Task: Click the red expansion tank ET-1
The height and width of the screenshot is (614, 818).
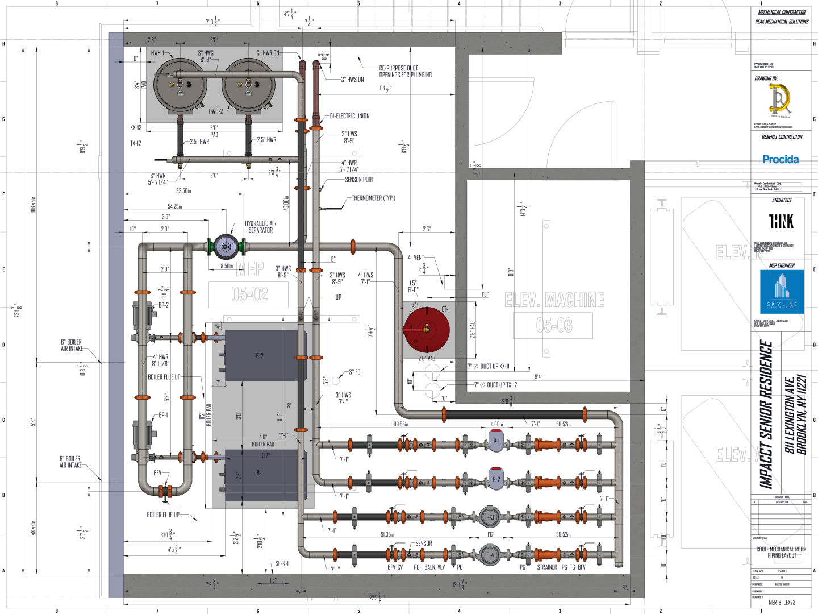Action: tap(427, 330)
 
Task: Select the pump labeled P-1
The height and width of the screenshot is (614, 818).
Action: tap(496, 441)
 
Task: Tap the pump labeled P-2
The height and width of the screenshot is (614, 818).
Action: tap(496, 479)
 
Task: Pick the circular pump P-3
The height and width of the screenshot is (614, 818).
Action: tap(490, 517)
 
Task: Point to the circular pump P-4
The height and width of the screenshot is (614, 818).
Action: tap(490, 554)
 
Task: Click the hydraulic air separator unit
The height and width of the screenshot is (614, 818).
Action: tap(226, 247)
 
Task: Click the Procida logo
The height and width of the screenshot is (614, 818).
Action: tap(781, 160)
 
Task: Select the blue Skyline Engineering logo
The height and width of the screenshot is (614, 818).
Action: tap(782, 292)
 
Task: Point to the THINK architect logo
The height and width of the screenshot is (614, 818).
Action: tap(781, 221)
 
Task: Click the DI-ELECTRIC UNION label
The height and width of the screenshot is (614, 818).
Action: tap(349, 116)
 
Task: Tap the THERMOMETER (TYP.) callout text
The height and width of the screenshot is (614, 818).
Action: tap(373, 198)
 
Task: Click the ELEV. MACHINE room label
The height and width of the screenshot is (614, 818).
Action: tap(554, 300)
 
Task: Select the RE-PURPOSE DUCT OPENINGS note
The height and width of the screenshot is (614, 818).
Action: tap(406, 72)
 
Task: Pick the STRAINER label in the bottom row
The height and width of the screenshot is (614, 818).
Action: tap(547, 567)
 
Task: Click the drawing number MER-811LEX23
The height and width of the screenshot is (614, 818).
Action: tap(782, 602)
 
